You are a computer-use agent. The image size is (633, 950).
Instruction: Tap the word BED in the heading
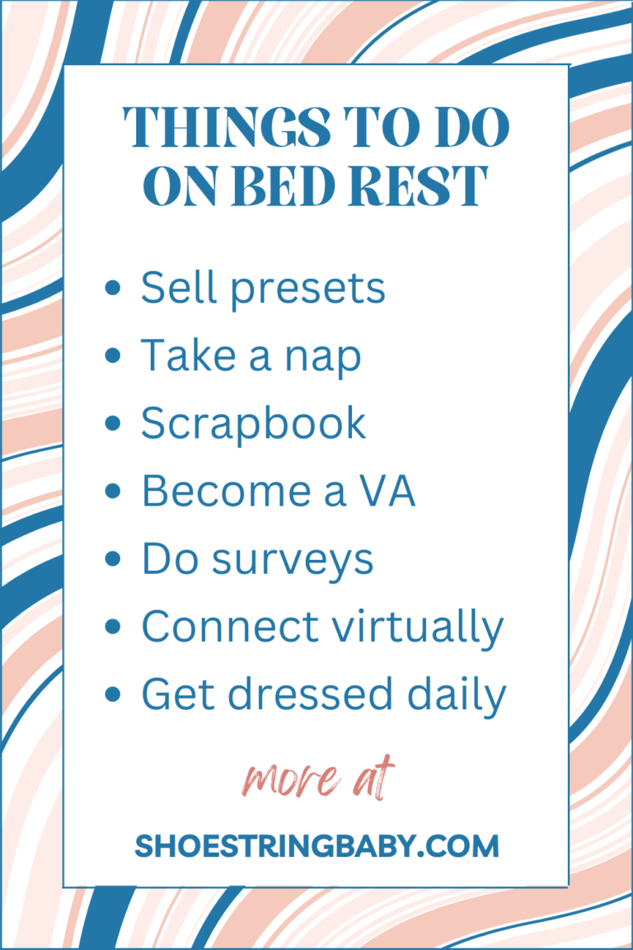(x=286, y=186)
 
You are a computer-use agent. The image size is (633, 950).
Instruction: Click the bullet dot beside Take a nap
(x=113, y=355)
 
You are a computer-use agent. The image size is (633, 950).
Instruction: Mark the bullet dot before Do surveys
(x=113, y=558)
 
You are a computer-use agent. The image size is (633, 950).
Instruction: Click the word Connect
(x=230, y=626)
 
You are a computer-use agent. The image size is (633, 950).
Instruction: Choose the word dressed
(x=310, y=694)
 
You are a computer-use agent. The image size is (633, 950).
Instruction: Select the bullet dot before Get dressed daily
(x=113, y=694)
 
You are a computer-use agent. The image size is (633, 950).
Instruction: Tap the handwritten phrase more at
(x=318, y=778)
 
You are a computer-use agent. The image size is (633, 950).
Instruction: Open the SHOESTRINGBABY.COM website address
(x=316, y=846)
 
